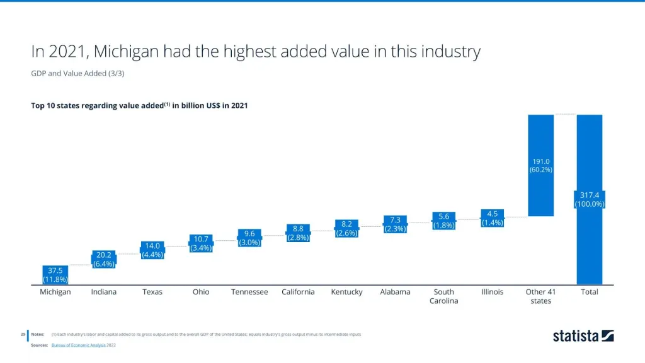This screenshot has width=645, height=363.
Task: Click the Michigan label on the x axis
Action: (x=55, y=292)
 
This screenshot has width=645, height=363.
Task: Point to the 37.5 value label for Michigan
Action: (x=55, y=275)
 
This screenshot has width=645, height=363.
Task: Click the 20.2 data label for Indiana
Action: (x=103, y=260)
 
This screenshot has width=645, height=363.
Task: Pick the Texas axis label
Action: (x=152, y=292)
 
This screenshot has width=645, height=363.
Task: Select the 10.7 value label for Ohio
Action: (x=201, y=243)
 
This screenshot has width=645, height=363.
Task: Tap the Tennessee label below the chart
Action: (x=249, y=292)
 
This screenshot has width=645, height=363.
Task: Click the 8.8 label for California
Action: (x=298, y=233)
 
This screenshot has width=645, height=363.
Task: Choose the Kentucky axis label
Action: (x=346, y=292)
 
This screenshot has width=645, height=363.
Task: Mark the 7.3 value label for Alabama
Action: (x=395, y=224)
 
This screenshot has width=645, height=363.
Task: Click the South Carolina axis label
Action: (x=443, y=296)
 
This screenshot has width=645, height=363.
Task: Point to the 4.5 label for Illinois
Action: (x=493, y=217)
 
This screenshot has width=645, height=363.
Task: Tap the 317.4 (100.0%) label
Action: (x=590, y=199)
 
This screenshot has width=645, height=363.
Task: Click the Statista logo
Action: (x=583, y=335)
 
